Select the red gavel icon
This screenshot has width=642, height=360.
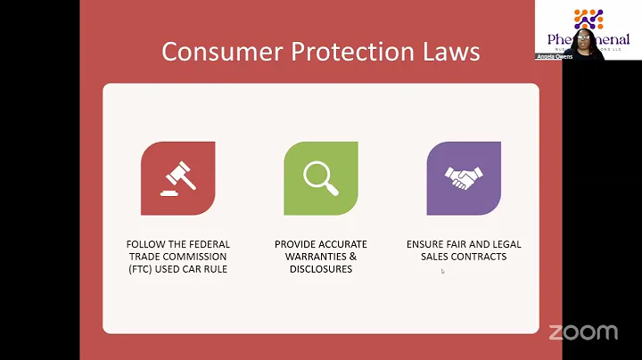coord(177,178)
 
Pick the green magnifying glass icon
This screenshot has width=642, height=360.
coord(320,178)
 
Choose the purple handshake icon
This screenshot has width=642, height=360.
coord(463,178)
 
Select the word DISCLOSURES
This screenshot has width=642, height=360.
coord(320,269)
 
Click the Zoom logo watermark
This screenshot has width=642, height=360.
coord(583,331)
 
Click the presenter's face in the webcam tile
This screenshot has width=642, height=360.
coord(584,42)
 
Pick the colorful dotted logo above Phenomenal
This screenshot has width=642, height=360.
coord(588,18)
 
